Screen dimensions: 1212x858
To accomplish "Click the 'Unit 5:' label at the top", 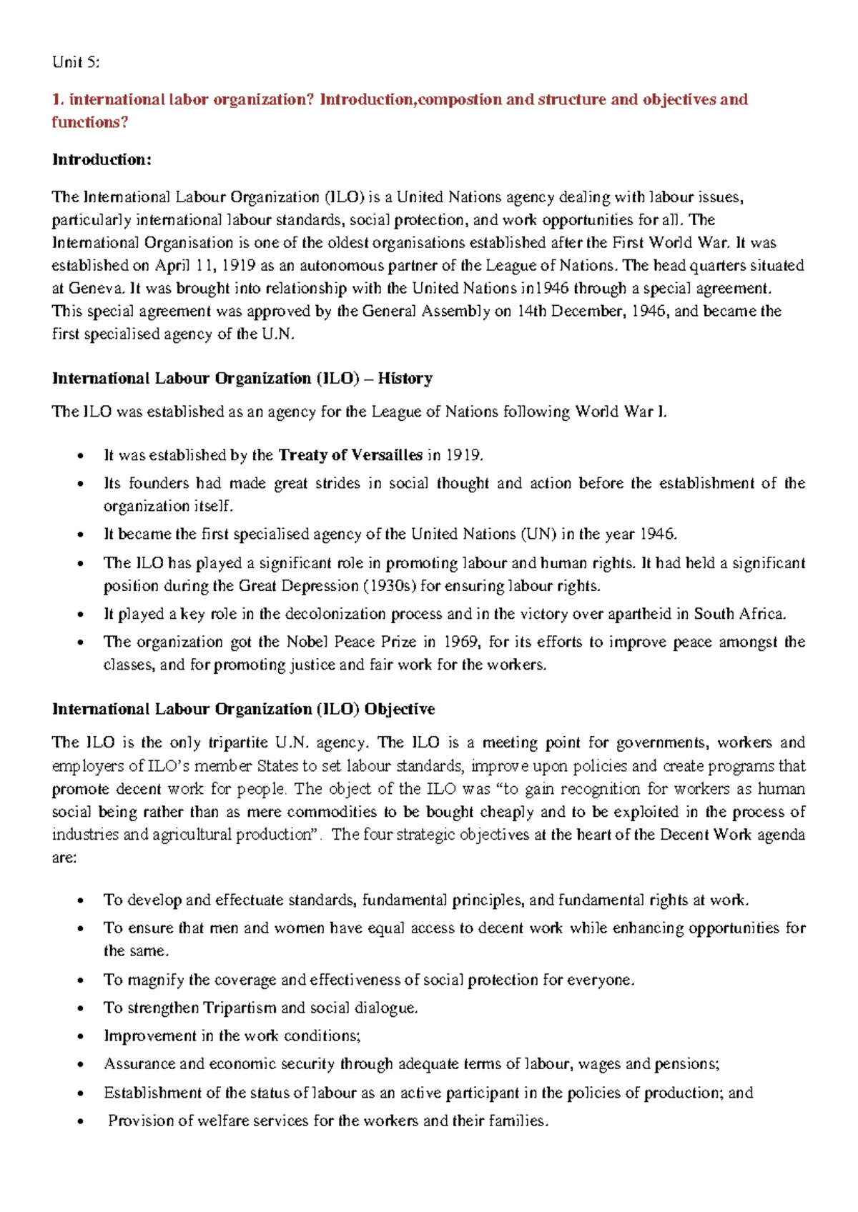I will [76, 62].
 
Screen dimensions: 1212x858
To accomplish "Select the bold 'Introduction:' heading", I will [102, 159].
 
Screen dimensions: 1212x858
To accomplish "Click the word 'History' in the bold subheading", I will [405, 379].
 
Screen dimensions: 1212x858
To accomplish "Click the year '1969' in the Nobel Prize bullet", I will [461, 642].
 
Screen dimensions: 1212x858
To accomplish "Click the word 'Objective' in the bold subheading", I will [399, 710].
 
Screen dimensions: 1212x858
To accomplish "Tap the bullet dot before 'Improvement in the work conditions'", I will [81, 1037].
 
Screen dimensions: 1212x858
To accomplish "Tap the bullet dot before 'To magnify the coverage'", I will [81, 980].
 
